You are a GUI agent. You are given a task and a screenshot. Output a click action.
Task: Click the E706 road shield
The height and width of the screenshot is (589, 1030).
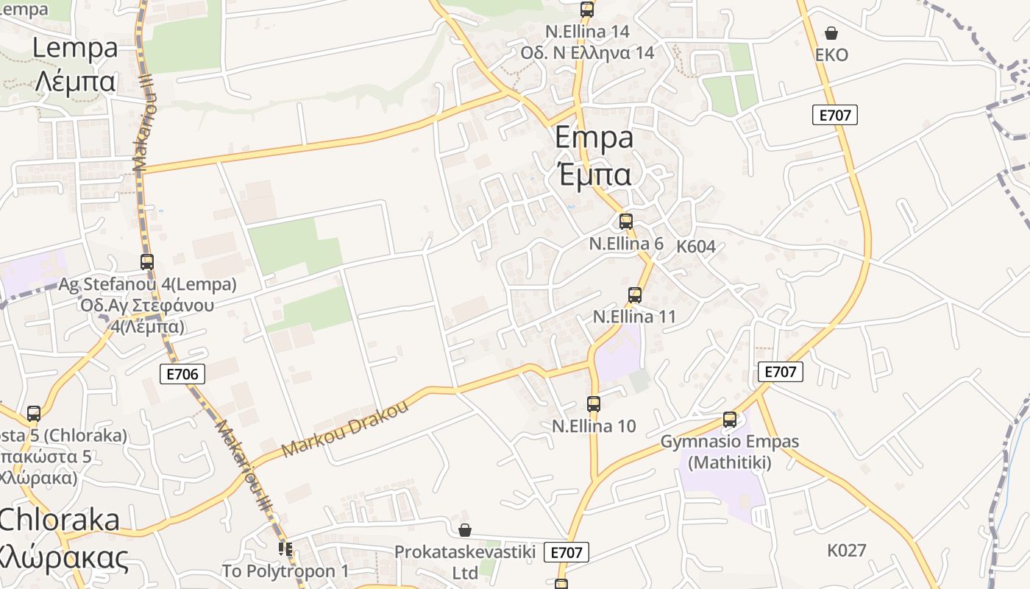pyautogui.click(x=182, y=374)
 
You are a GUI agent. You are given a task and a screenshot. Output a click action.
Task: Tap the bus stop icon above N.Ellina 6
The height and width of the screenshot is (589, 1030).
pyautogui.click(x=626, y=221)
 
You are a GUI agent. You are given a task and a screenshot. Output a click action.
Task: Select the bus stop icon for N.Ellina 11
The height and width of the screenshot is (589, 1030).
pyautogui.click(x=635, y=295)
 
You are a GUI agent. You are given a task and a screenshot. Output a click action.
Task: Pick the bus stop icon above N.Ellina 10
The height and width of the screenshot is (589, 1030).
pyautogui.click(x=594, y=403)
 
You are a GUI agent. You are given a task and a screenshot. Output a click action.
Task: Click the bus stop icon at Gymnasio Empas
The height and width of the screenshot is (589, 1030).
pyautogui.click(x=730, y=420)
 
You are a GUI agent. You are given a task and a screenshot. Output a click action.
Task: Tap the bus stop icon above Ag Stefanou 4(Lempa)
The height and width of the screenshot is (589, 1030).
pyautogui.click(x=147, y=261)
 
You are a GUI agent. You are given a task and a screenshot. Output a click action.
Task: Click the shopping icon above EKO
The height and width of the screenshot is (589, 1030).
pyautogui.click(x=831, y=33)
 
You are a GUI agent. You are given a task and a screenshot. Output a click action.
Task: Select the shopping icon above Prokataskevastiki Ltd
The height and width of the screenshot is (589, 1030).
pyautogui.click(x=465, y=530)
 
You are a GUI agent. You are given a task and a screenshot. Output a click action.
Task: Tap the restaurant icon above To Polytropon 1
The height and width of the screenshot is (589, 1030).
pyautogui.click(x=285, y=549)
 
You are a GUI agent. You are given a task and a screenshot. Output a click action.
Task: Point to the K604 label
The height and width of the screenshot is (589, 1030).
pyautogui.click(x=696, y=247)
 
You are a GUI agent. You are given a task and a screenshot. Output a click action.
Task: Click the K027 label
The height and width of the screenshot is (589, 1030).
pyautogui.click(x=846, y=550)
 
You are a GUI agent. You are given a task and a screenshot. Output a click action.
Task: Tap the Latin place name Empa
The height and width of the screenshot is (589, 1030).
pyautogui.click(x=594, y=138)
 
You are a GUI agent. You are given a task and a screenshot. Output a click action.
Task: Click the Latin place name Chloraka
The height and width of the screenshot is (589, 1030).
pyautogui.click(x=59, y=520)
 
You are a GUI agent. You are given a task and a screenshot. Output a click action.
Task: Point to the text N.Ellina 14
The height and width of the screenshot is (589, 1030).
pyautogui.click(x=587, y=32)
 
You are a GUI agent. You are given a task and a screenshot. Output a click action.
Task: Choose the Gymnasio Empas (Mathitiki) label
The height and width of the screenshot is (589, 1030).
pyautogui.click(x=730, y=452)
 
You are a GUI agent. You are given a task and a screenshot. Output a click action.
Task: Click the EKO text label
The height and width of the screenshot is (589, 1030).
pyautogui.click(x=831, y=55)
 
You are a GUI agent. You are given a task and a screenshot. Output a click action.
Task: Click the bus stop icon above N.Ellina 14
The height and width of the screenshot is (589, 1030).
pyautogui.click(x=587, y=10)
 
